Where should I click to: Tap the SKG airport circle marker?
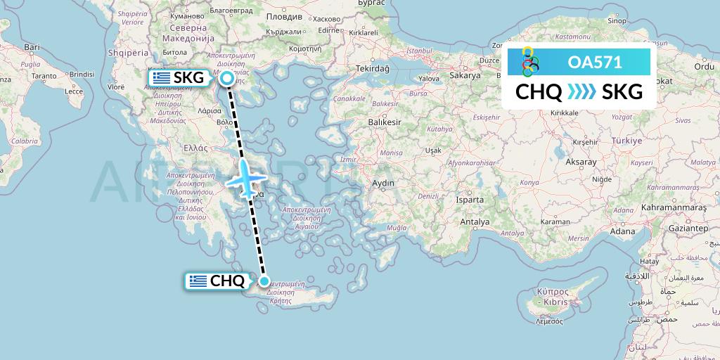click(x=227, y=79)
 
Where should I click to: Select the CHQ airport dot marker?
click(x=264, y=281)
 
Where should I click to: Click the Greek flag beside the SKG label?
click(x=160, y=78)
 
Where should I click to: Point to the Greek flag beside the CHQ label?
click(x=198, y=281)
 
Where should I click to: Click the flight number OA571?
click(x=595, y=62)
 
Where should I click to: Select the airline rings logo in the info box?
click(x=529, y=62)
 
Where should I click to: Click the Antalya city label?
click(x=474, y=222)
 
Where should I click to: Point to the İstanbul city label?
click(x=418, y=51)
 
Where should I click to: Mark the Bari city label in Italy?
click(x=32, y=47)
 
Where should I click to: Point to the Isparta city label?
click(x=470, y=200)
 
